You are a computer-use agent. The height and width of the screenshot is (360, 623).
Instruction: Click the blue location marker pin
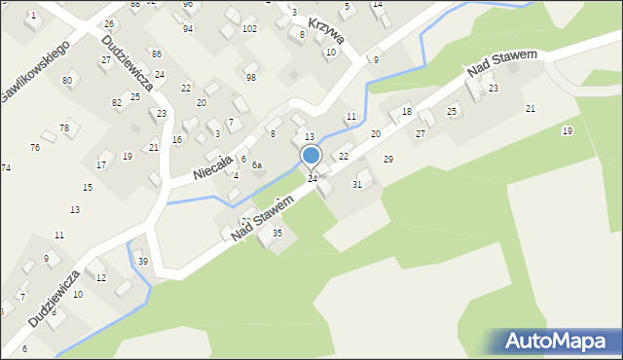(x=311, y=156)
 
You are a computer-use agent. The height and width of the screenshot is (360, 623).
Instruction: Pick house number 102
(x=250, y=29)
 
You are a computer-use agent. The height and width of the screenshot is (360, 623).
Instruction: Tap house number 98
(x=251, y=77)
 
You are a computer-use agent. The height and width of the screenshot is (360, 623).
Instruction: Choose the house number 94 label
(x=188, y=29)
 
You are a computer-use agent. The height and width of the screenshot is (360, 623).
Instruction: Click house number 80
(x=67, y=80)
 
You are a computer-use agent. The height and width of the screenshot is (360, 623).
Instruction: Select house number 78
(x=64, y=128)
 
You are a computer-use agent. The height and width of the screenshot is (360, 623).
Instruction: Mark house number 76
(x=35, y=148)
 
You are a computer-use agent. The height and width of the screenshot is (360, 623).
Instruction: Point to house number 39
(x=143, y=262)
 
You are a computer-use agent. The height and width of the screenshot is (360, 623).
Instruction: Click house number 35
(x=277, y=233)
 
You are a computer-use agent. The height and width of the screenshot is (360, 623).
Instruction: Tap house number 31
(x=357, y=184)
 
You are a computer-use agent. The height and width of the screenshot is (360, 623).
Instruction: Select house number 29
(x=388, y=159)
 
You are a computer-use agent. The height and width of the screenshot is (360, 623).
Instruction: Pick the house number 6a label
(x=257, y=165)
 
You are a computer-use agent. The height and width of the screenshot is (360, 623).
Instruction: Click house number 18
(x=407, y=113)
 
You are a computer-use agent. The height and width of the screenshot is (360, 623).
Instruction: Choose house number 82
(x=117, y=102)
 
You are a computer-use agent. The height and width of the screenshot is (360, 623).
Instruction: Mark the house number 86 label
(x=157, y=54)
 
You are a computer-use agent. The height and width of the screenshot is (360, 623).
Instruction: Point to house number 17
(x=101, y=165)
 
